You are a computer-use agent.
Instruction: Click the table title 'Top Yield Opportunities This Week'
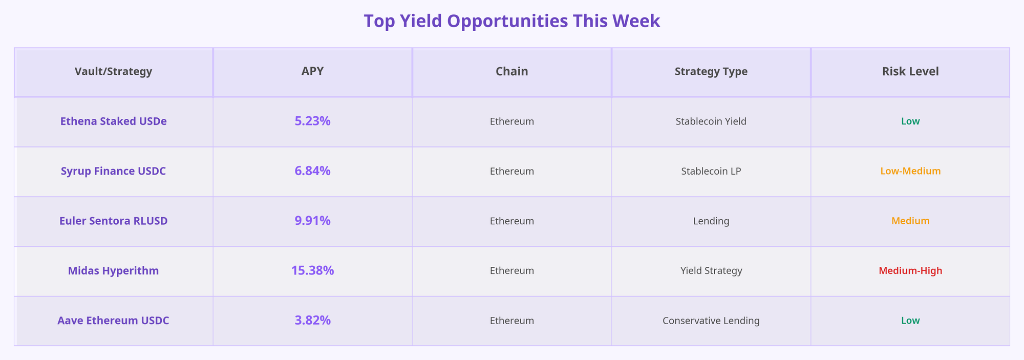coord(511,22)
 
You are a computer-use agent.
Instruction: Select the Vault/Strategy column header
coord(113,72)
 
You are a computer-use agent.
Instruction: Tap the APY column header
coord(312,72)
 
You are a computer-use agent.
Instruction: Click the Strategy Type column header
coord(711,72)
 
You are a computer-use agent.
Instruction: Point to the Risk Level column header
coord(910,72)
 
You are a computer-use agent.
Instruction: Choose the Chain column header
coord(511,72)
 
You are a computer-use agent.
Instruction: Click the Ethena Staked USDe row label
coord(113,122)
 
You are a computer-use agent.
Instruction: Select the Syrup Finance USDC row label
coord(113,172)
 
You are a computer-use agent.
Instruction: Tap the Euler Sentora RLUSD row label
coord(113,221)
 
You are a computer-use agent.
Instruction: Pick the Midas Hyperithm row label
coord(113,271)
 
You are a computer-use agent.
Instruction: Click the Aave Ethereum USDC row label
coord(113,321)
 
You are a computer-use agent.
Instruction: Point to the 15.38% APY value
coord(312,271)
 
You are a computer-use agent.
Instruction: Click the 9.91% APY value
coord(312,221)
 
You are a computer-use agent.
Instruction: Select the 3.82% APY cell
coord(312,321)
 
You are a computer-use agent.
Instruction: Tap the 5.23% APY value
coord(312,122)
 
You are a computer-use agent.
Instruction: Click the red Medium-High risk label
coord(910,271)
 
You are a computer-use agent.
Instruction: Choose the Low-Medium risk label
coord(910,172)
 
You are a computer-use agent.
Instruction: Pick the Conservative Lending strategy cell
coord(711,321)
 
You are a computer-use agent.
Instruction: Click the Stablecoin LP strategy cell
coord(711,172)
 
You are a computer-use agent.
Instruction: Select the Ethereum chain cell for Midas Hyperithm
coord(511,271)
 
